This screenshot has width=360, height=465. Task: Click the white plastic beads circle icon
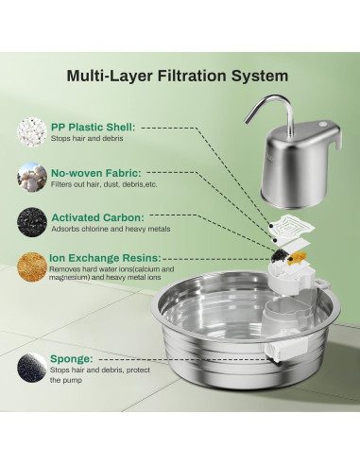coord(32,132)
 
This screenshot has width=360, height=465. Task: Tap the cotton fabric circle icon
coord(32,177)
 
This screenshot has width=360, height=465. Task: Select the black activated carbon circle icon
coord(32,222)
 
